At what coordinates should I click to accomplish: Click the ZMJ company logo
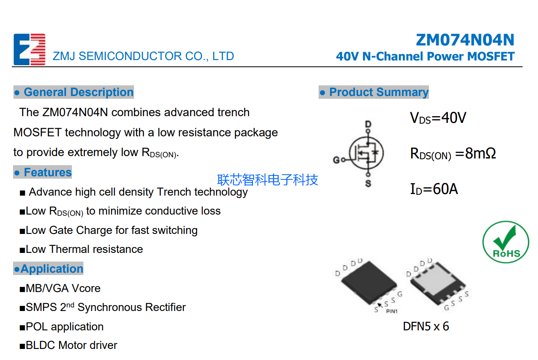point(30,49)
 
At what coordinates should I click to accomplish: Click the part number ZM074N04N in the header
point(465,40)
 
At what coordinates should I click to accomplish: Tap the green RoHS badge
point(506,242)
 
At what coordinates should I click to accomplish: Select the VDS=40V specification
point(438,118)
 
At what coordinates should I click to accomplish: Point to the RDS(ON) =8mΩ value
point(453,153)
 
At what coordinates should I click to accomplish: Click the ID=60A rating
point(434,189)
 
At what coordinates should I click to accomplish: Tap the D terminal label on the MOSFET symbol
point(368,124)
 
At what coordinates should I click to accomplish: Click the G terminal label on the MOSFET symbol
point(336,160)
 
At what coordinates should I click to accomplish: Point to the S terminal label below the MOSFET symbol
point(368,184)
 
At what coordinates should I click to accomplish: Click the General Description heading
point(74,92)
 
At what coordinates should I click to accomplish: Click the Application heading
point(48,269)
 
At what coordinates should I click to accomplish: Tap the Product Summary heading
point(374,92)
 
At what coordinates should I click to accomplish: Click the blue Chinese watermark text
point(267,180)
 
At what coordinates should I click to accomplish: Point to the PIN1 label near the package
point(391,311)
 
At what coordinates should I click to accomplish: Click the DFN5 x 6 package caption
point(426,326)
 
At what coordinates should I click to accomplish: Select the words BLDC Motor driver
point(71,345)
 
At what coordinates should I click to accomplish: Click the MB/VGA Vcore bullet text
point(63,288)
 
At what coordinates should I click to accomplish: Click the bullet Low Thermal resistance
point(84,249)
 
